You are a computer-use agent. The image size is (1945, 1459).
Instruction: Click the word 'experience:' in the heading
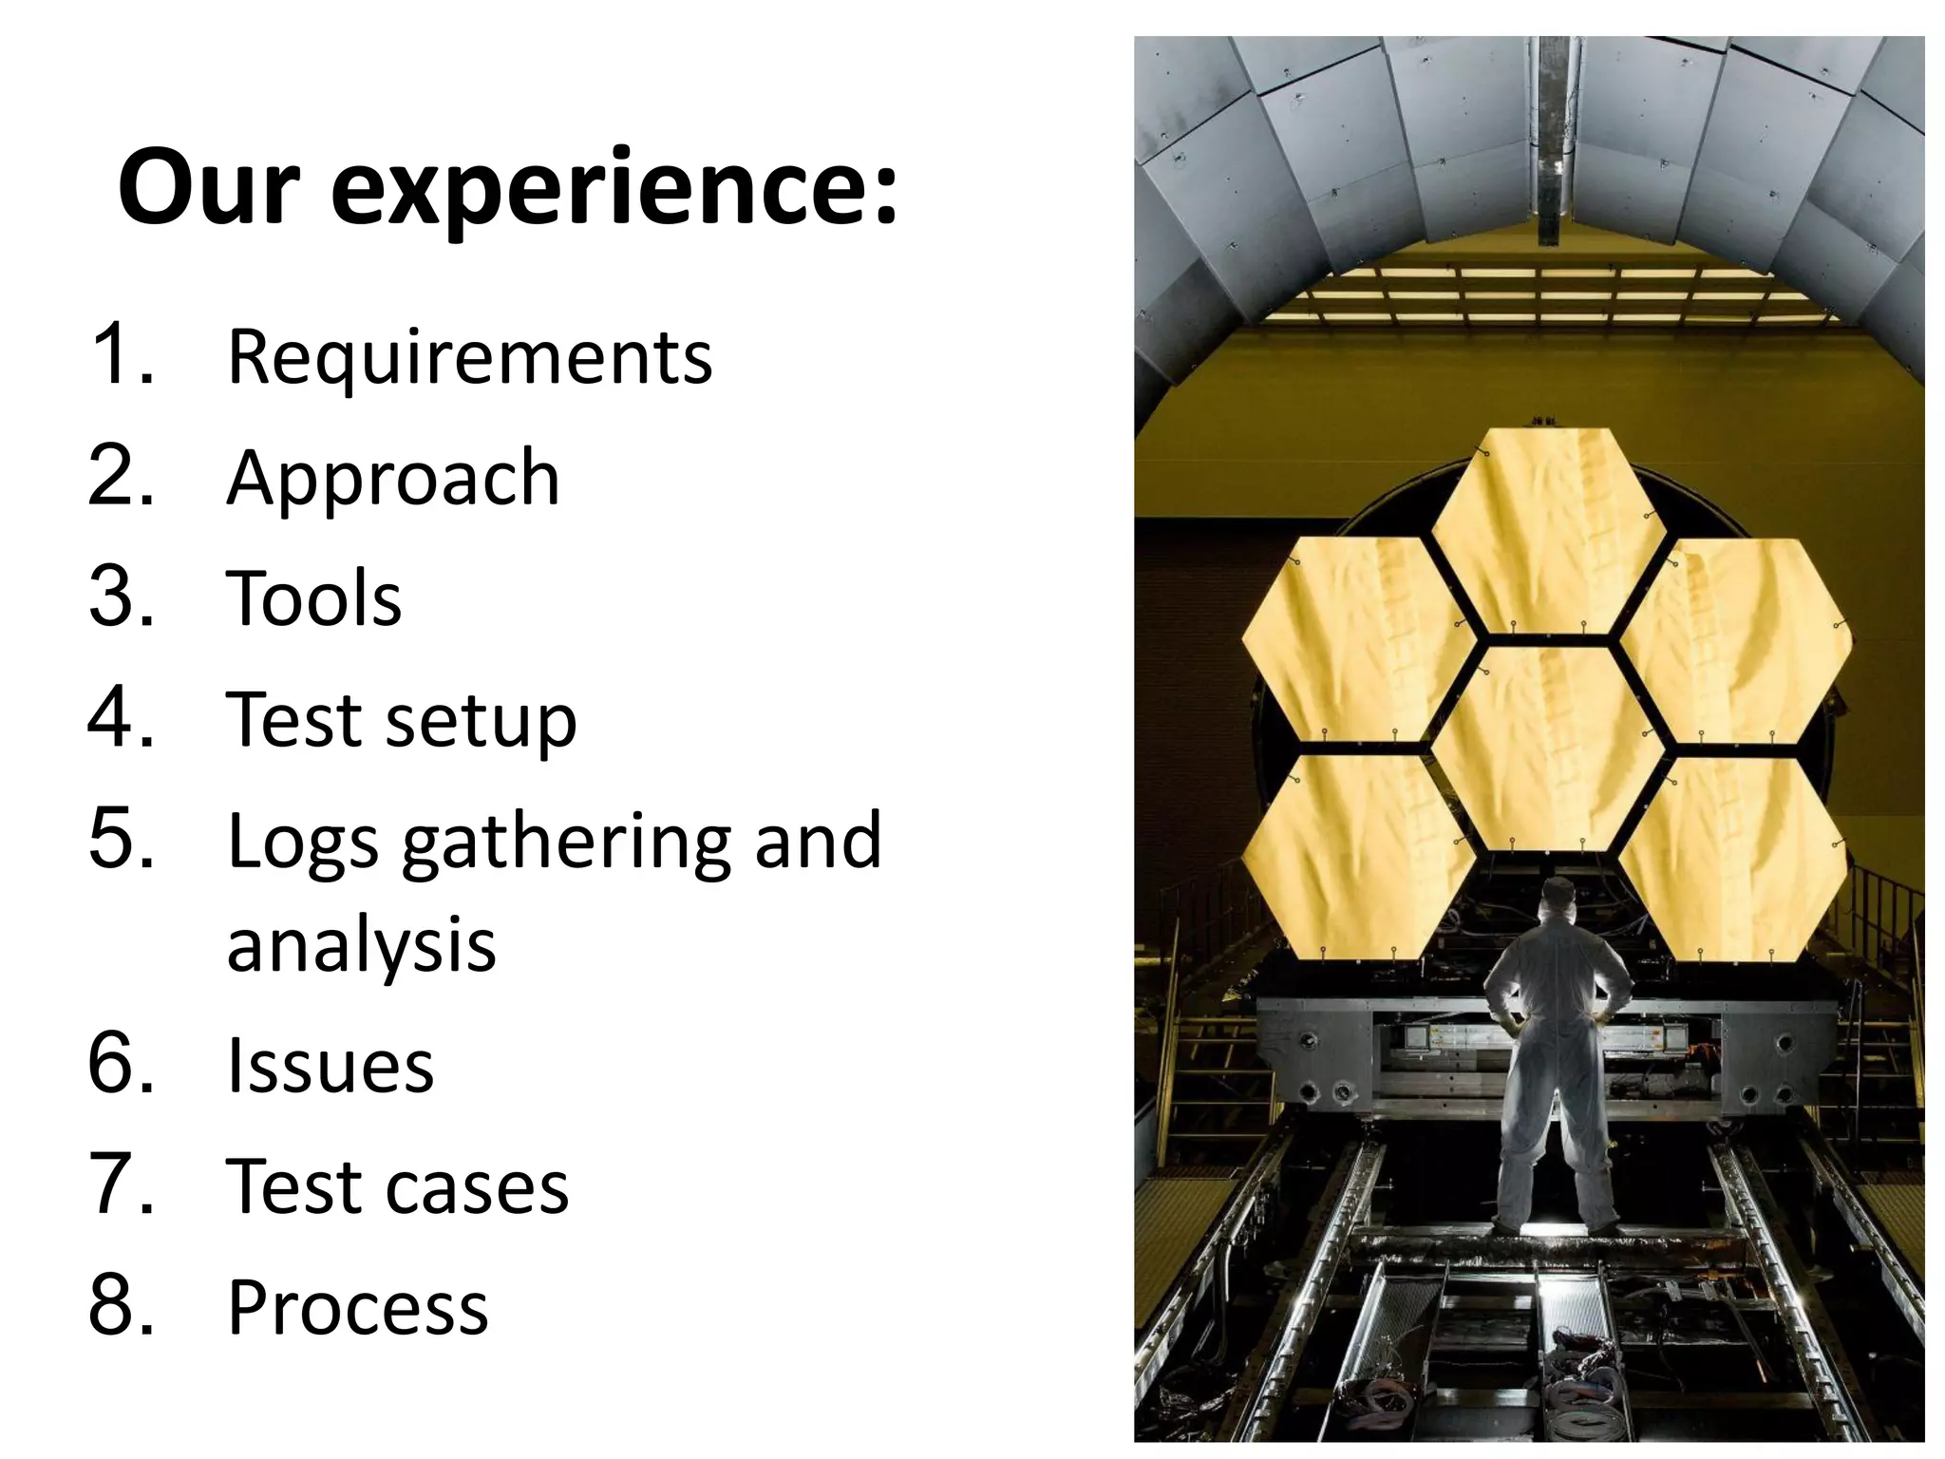tap(614, 190)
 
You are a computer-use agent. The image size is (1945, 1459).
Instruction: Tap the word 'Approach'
tap(393, 481)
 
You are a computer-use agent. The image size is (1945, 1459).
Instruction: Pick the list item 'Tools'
tap(314, 598)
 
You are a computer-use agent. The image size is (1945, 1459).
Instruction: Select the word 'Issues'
tap(330, 1066)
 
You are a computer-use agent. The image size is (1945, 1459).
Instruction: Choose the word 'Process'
tap(357, 1309)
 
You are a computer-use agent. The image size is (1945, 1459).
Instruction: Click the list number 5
tap(122, 840)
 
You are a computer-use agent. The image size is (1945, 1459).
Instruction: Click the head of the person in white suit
tap(1558, 897)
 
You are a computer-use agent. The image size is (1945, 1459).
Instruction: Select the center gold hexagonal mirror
tap(1548, 747)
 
